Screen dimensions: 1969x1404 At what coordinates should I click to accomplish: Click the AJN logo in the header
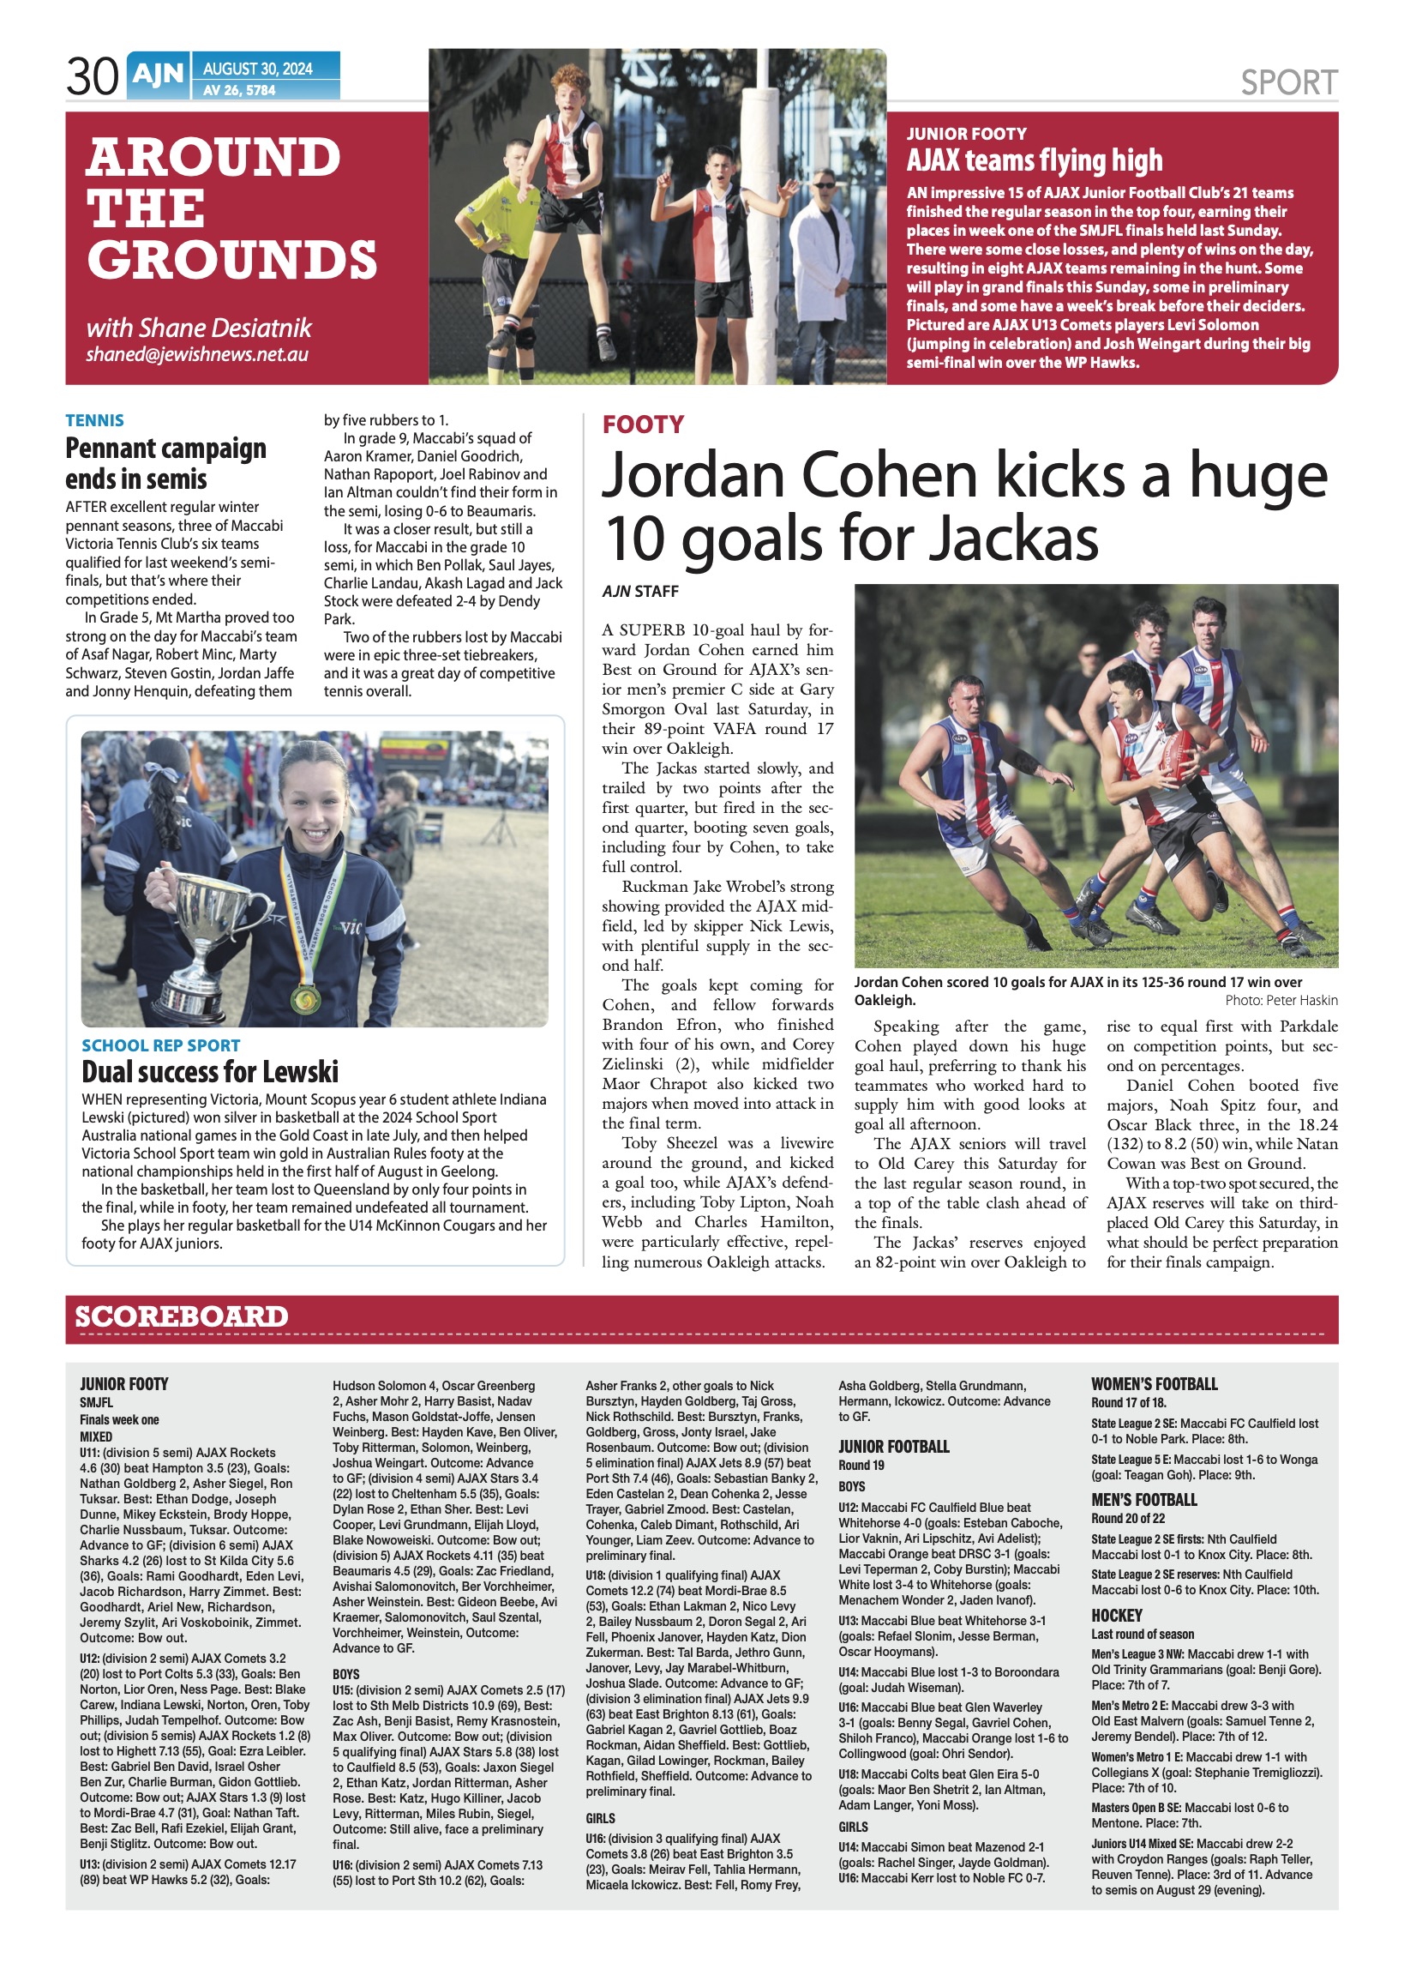(159, 75)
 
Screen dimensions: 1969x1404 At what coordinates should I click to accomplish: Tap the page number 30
(92, 77)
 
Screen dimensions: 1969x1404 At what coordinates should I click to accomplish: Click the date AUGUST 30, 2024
(258, 69)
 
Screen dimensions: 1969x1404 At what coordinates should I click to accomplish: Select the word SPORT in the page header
(1288, 83)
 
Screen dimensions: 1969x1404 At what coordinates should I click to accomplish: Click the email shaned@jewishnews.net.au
(197, 354)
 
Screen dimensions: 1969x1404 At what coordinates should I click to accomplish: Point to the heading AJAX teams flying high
(1034, 161)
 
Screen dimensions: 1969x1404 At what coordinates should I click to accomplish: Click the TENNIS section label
(94, 420)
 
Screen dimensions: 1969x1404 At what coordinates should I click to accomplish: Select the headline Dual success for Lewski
(210, 1072)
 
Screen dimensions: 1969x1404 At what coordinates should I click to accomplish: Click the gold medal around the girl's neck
(304, 999)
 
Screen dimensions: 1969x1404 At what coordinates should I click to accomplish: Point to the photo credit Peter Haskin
(1281, 1001)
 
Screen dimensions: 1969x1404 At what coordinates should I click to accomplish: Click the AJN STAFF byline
(639, 592)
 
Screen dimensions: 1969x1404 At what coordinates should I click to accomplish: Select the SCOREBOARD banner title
(182, 1317)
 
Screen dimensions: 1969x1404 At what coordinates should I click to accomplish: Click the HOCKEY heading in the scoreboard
(1116, 1616)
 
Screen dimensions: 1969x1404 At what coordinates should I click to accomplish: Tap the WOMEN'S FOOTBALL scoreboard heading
(1155, 1383)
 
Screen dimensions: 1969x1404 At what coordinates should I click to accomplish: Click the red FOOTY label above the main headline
(642, 425)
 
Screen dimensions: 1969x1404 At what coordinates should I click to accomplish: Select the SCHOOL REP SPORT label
(161, 1045)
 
